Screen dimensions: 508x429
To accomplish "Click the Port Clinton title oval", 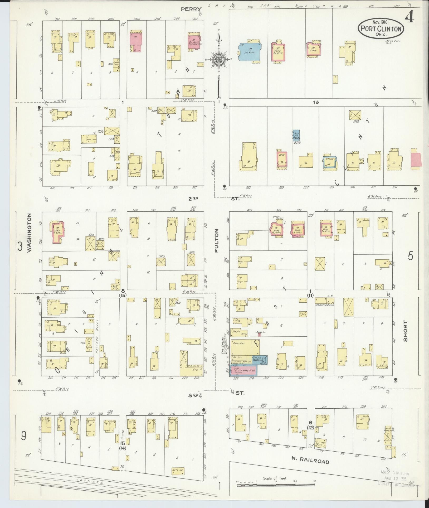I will click(x=381, y=29).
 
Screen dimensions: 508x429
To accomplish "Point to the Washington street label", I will click(x=29, y=233).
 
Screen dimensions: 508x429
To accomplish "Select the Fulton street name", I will click(x=217, y=241).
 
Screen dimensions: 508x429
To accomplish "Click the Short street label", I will click(x=405, y=331).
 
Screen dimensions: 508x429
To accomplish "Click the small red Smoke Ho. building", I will click(x=260, y=335).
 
